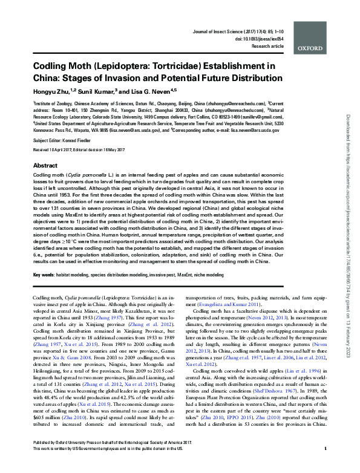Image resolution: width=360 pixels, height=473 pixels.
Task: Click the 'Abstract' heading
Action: pos(45,165)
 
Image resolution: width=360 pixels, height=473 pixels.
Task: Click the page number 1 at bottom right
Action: pos(326,465)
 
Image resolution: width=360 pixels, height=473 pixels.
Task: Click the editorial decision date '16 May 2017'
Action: pos(134,149)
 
